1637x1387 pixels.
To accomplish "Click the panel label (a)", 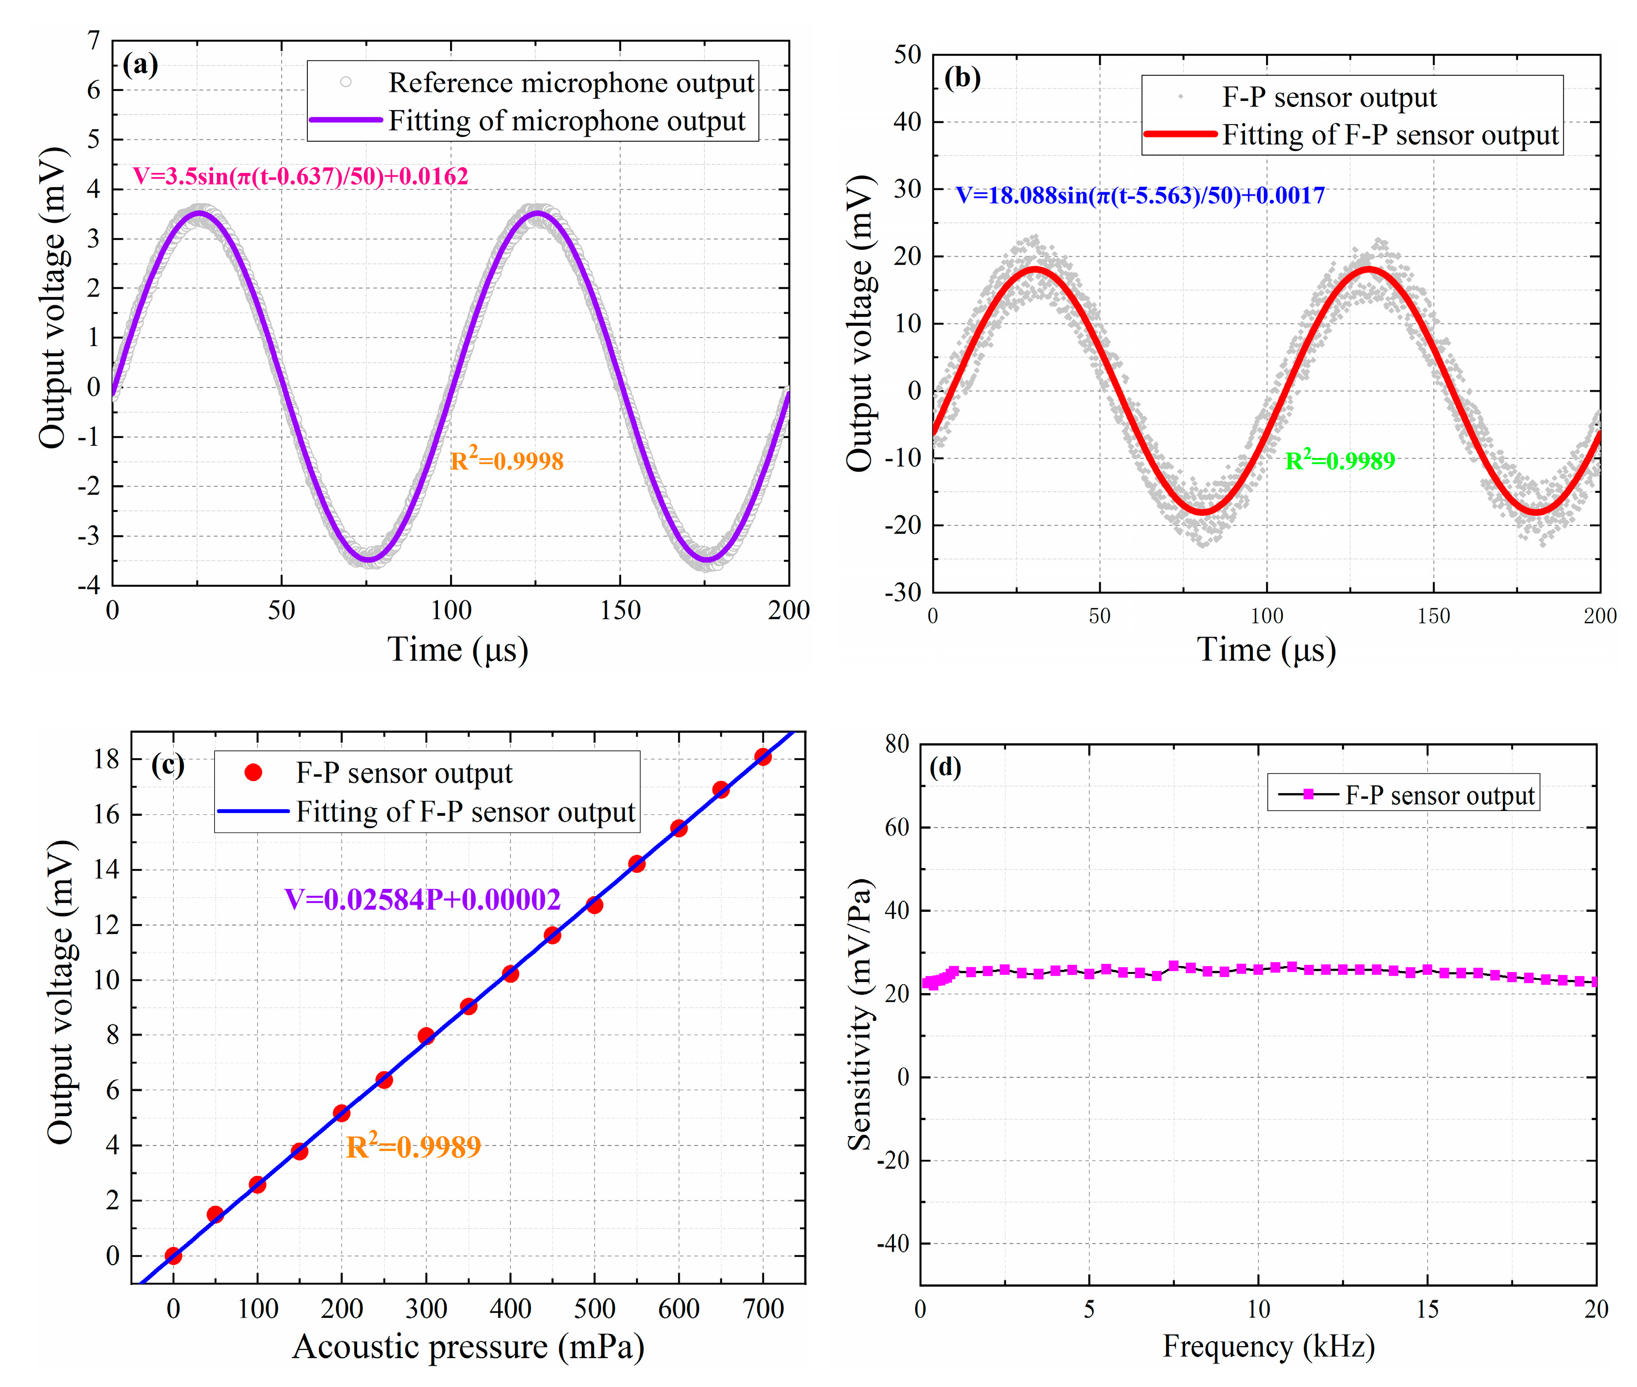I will pos(140,64).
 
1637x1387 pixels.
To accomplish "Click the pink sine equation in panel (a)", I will pos(300,176).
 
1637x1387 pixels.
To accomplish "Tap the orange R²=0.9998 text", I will pos(506,460).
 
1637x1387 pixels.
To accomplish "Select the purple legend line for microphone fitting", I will pos(346,120).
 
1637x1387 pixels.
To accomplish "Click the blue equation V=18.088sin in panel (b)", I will pos(1139,195).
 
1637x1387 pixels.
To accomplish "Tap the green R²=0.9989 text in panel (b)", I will pos(1339,460).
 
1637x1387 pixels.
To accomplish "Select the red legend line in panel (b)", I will pos(1180,135).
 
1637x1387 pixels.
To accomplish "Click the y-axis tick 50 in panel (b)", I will pos(907,54).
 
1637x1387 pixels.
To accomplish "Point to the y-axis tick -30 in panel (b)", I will pos(904,592).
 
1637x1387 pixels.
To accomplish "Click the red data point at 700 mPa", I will pos(762,757).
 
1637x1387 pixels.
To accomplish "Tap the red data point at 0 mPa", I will pos(174,1256).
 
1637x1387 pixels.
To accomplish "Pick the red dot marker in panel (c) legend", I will pos(253,773).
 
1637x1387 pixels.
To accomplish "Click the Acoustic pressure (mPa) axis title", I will pos(468,1347).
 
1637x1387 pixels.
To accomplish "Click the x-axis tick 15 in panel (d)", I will pos(1427,1309).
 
